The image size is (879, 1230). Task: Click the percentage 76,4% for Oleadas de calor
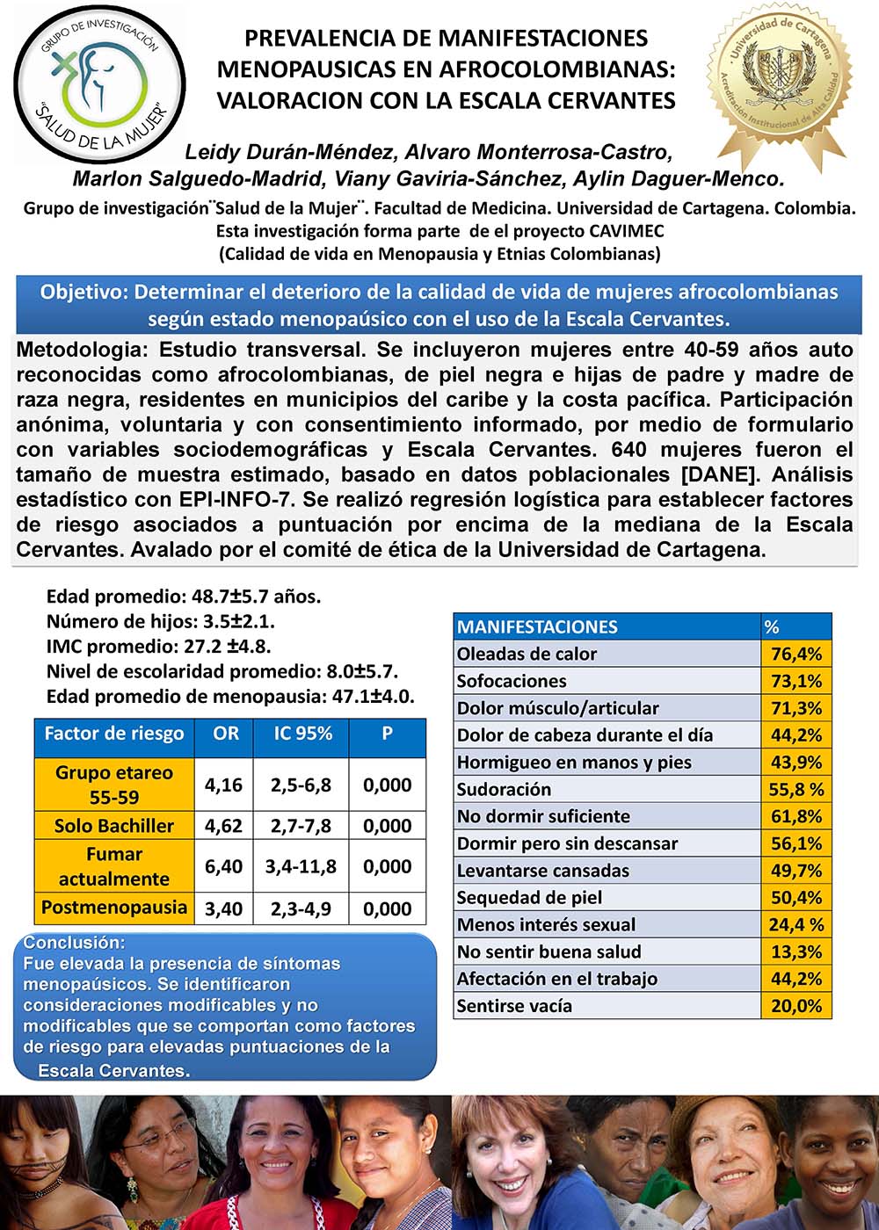(795, 654)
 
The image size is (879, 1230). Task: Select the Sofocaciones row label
(512, 681)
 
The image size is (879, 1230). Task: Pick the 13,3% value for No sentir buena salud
(795, 951)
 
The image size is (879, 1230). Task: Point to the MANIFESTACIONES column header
(537, 626)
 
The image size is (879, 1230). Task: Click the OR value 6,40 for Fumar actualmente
(223, 866)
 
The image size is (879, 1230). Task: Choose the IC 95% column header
(302, 733)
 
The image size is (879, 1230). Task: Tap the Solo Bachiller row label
(113, 826)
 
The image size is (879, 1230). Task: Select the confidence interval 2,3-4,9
(301, 908)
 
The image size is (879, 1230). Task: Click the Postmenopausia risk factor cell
(113, 907)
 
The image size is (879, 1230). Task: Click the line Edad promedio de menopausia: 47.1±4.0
(230, 696)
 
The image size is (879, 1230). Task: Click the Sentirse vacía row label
(514, 1006)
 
